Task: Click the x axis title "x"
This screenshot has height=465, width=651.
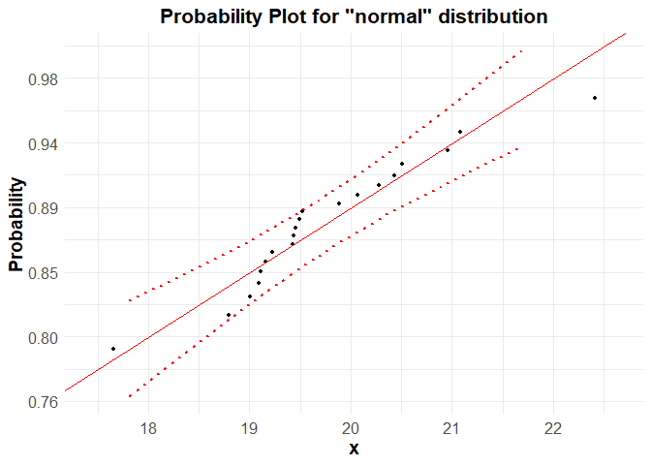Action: point(354,449)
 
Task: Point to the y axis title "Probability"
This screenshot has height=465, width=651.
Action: point(16,224)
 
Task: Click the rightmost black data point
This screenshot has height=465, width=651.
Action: point(594,98)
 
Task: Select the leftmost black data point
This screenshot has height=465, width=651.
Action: point(113,349)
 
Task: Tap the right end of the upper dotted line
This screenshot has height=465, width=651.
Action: point(521,50)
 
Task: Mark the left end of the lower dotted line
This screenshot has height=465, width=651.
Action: point(129,396)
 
